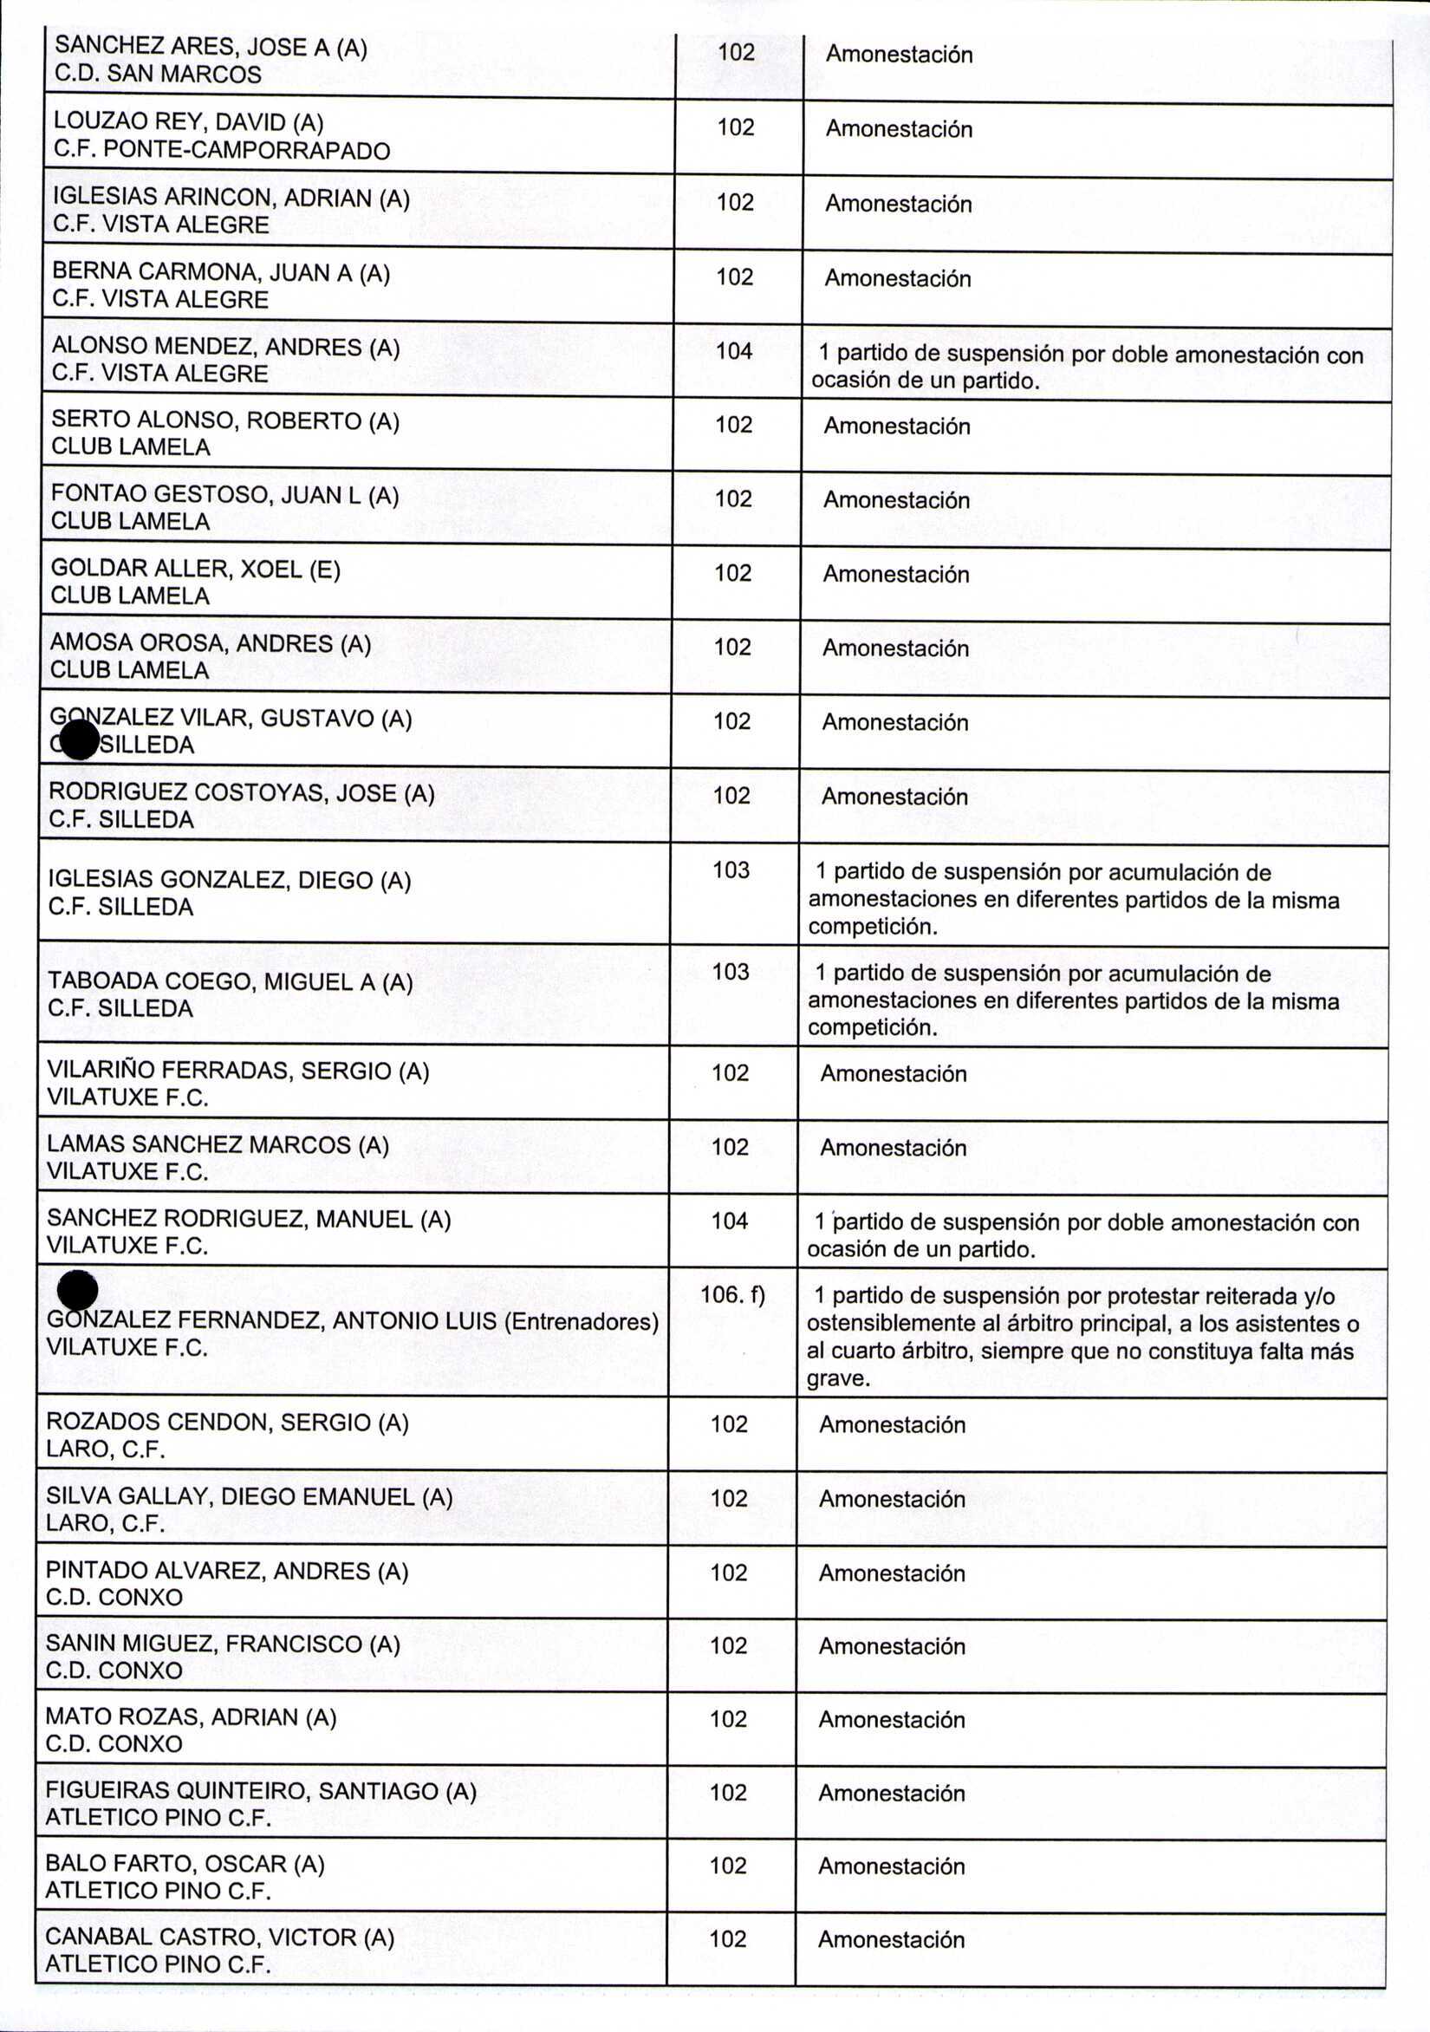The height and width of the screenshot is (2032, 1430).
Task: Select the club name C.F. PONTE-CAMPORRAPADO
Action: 221,151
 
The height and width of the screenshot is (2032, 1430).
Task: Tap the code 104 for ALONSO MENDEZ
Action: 733,351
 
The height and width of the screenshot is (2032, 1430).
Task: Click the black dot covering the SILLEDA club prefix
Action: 80,739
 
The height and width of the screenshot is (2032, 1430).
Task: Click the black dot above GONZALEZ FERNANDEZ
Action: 77,1290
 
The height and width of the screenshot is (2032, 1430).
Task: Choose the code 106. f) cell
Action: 731,1295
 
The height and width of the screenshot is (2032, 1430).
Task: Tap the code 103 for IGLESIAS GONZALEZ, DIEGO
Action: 731,870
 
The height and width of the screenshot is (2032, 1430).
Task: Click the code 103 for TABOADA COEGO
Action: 731,972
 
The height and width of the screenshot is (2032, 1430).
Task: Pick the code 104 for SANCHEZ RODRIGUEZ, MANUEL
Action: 730,1221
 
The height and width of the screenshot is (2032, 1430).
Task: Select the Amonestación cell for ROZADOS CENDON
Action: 892,1425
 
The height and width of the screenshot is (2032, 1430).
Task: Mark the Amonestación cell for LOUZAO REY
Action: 899,129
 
